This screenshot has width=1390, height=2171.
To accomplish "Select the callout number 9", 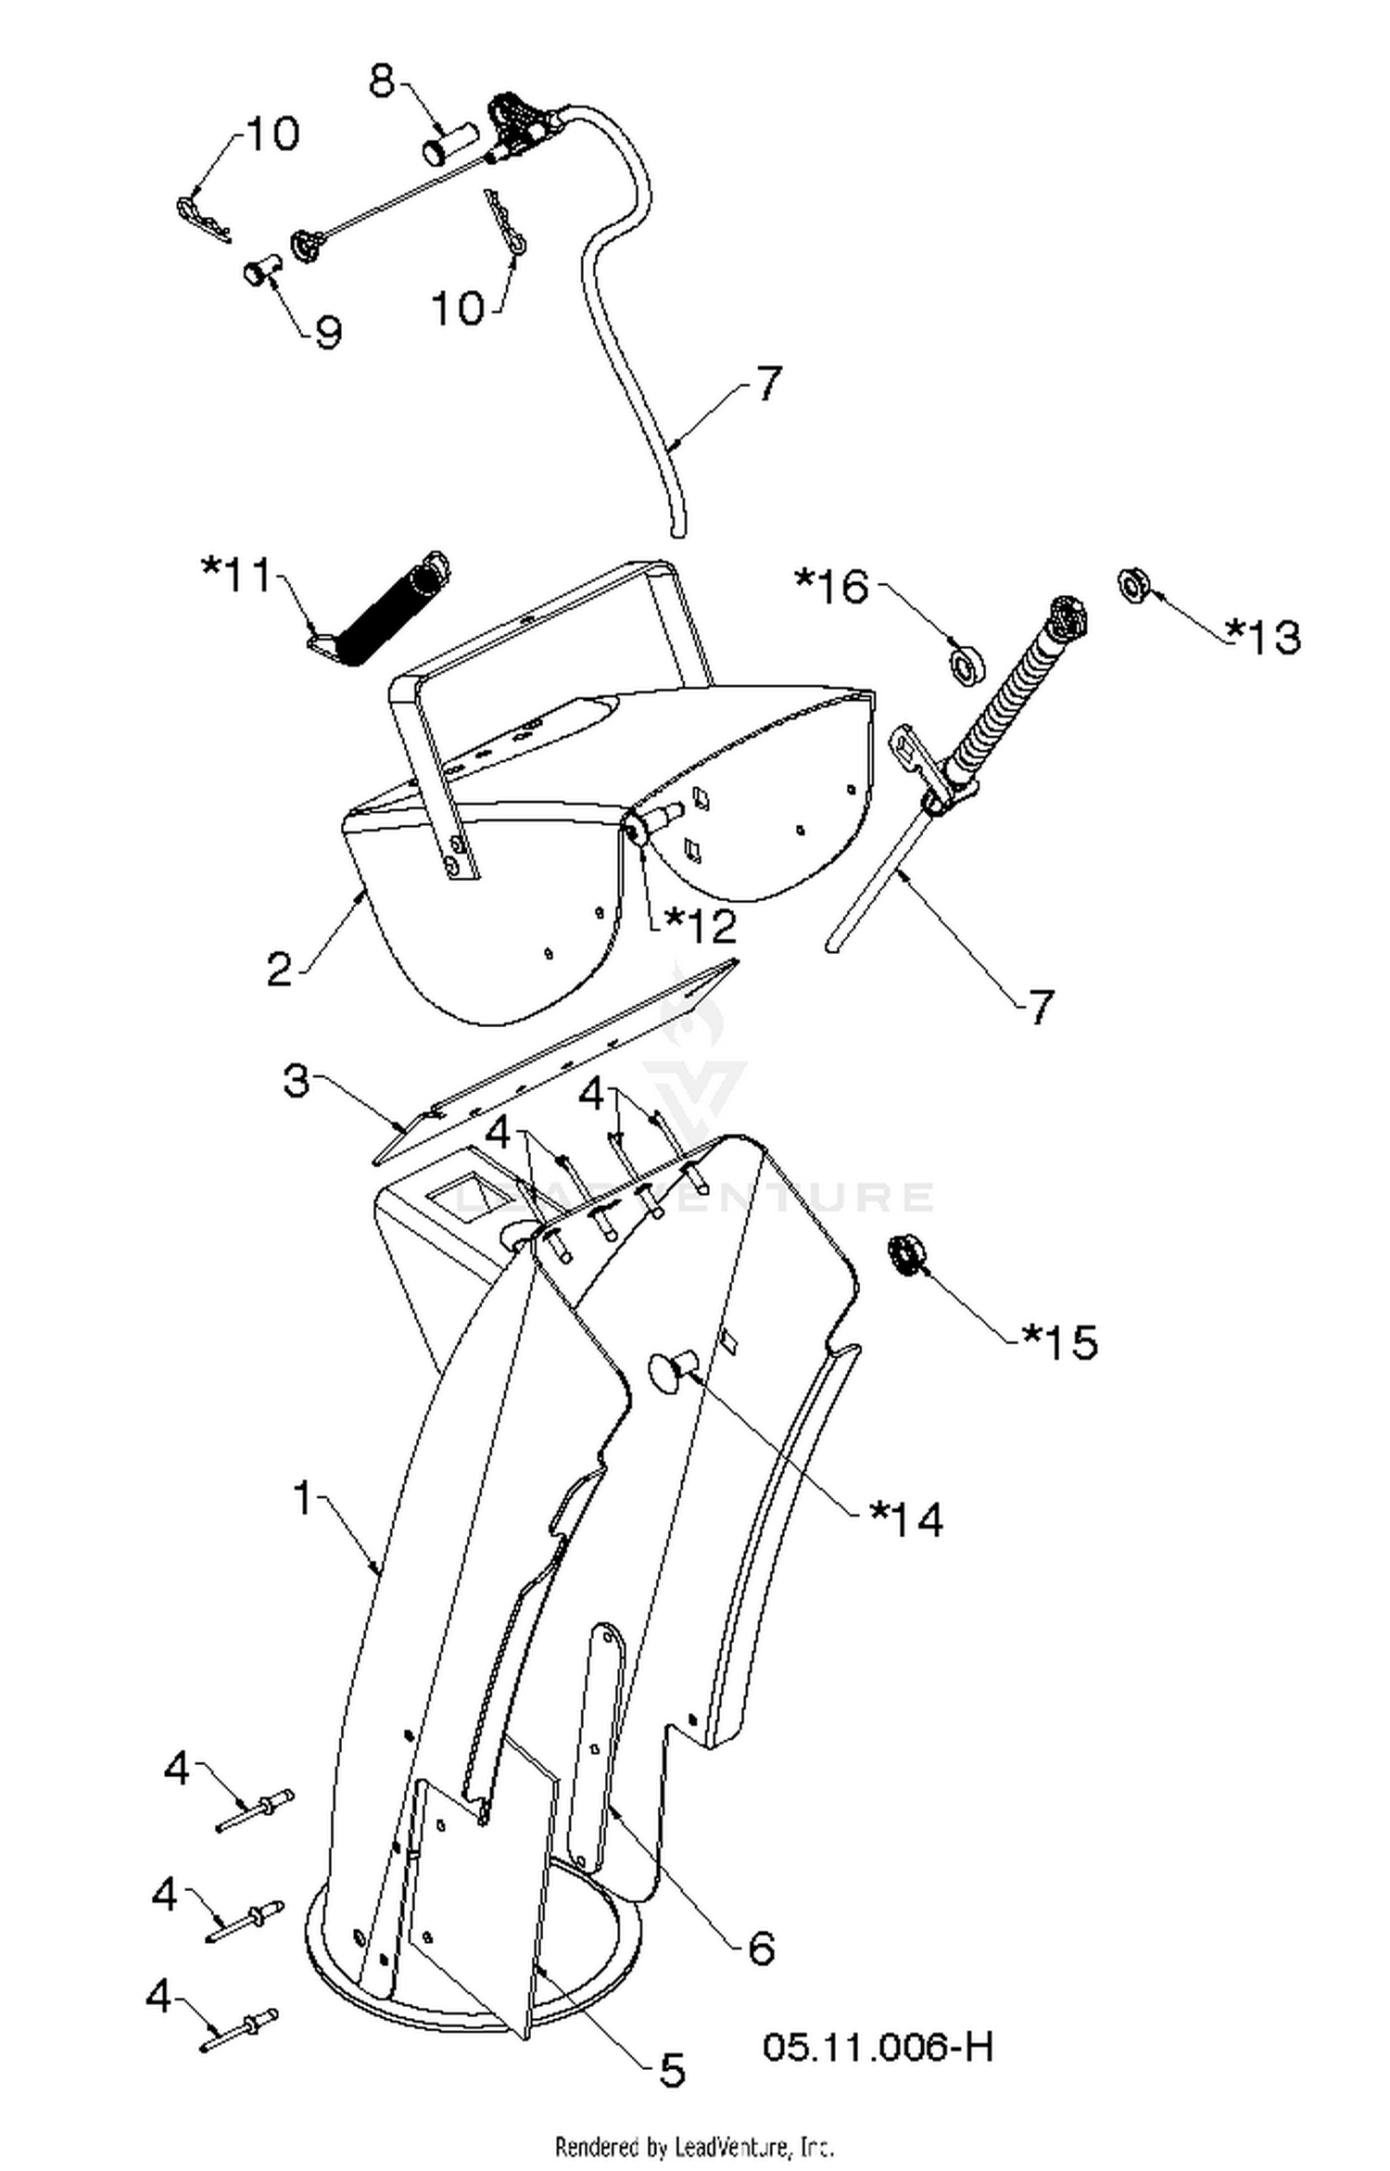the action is tap(328, 332).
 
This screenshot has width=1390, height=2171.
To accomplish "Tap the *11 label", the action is tap(238, 575).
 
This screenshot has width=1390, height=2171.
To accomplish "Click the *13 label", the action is tap(1264, 636).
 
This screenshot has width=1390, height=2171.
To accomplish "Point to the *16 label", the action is tap(832, 586).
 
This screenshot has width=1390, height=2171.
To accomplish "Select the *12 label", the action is tap(701, 925).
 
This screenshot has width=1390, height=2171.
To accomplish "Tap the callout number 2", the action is tap(279, 969).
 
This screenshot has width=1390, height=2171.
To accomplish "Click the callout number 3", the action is tap(296, 1080).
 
